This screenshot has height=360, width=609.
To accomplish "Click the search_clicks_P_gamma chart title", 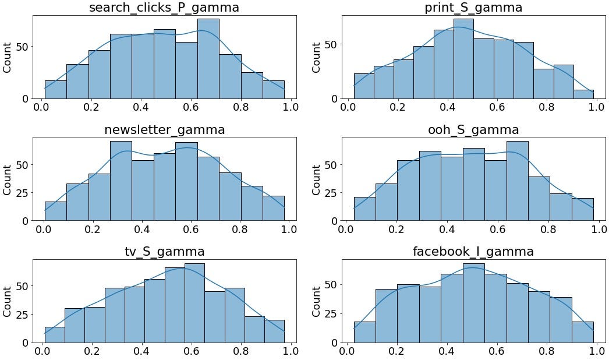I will [164, 8].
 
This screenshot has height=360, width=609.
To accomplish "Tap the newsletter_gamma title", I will [164, 130].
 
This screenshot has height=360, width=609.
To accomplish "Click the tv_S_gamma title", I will [164, 252].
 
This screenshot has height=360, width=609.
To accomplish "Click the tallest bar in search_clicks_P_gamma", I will [208, 58].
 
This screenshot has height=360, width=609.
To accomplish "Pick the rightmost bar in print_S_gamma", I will [584, 94].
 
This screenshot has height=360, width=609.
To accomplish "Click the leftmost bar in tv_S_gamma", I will [55, 334].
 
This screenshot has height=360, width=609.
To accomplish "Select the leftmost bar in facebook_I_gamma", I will [365, 332].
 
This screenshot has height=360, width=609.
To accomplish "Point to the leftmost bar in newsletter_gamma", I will [55, 211].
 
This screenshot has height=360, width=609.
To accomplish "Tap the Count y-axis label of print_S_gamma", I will [316, 57].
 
